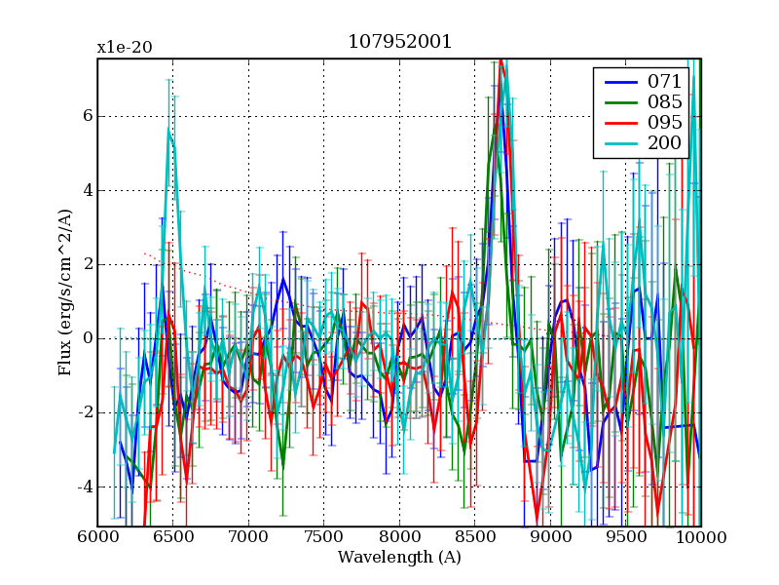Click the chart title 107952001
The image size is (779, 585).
click(399, 43)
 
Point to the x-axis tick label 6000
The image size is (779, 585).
click(97, 537)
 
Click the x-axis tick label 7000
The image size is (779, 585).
click(248, 537)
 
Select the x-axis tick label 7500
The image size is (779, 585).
click(323, 537)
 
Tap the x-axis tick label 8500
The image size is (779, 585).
click(474, 537)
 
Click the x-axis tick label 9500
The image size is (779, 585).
click(625, 537)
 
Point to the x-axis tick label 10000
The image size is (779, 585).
click(700, 537)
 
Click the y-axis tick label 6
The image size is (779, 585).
click(86, 116)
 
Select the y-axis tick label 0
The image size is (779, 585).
click(86, 338)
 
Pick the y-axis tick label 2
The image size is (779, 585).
click(86, 264)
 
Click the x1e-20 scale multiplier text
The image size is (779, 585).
click(124, 48)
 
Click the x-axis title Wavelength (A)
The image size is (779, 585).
click(399, 558)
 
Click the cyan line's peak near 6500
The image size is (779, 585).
click(169, 129)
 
